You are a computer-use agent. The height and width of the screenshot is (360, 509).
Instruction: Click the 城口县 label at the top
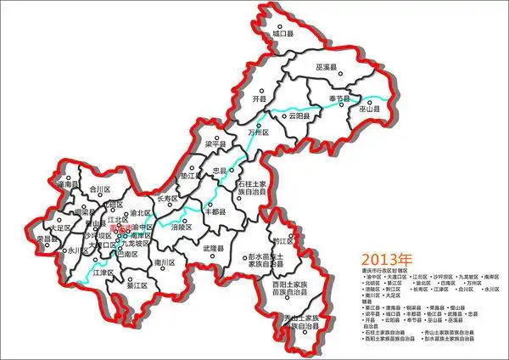click(283, 35)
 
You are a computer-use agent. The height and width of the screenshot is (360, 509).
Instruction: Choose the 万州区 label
click(258, 133)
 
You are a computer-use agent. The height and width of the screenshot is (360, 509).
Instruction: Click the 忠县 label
click(223, 171)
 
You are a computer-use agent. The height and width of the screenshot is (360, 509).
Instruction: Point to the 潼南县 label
click(66, 183)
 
